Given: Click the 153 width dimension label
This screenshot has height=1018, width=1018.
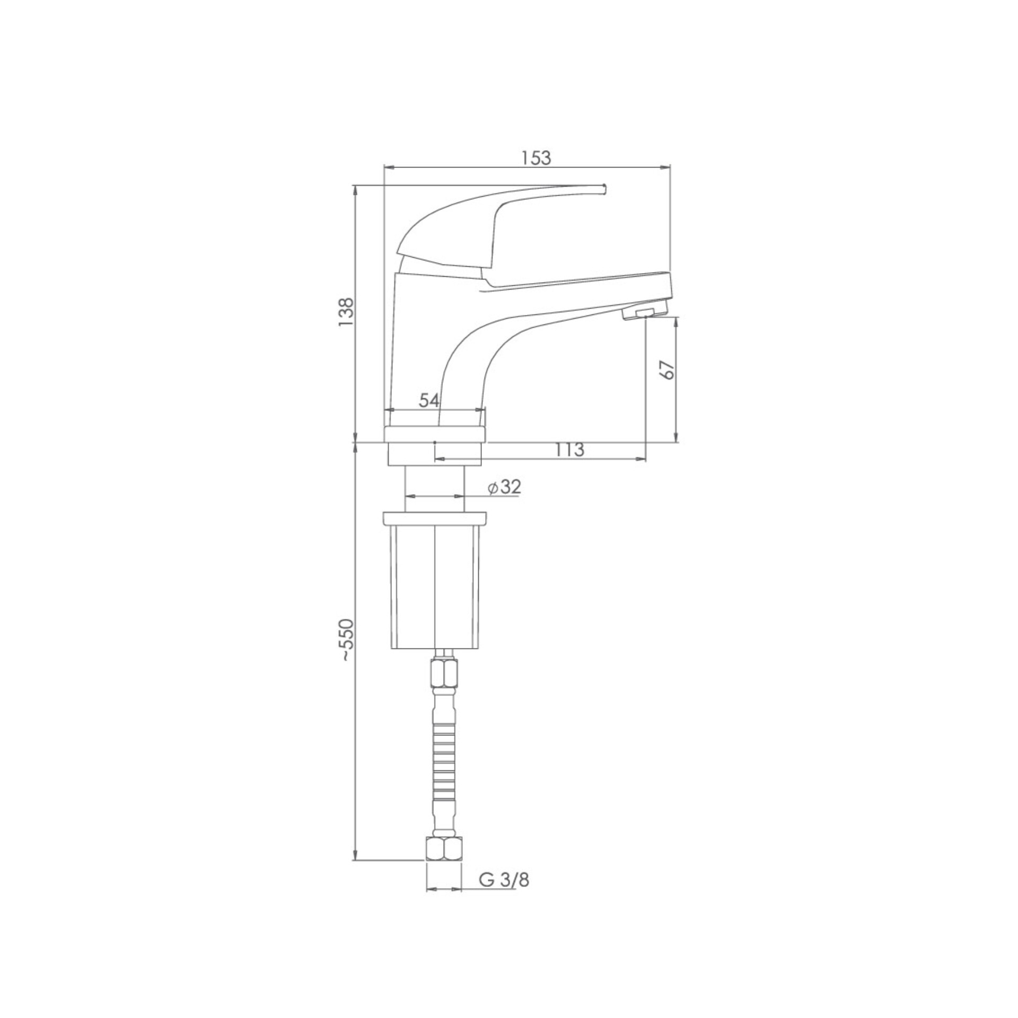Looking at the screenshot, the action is coord(536,158).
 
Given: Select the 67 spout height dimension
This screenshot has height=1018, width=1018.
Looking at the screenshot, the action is coord(669,370).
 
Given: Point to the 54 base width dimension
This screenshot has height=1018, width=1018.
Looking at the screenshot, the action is coord(429,400).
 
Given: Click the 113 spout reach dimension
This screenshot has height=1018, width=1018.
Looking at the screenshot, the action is coord(570,450).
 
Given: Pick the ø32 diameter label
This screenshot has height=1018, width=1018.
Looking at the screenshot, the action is coord(504,487).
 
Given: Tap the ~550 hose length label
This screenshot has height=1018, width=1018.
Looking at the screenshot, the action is coord(346,639).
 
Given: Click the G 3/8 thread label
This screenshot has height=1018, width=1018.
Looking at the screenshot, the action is coord(504,880).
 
